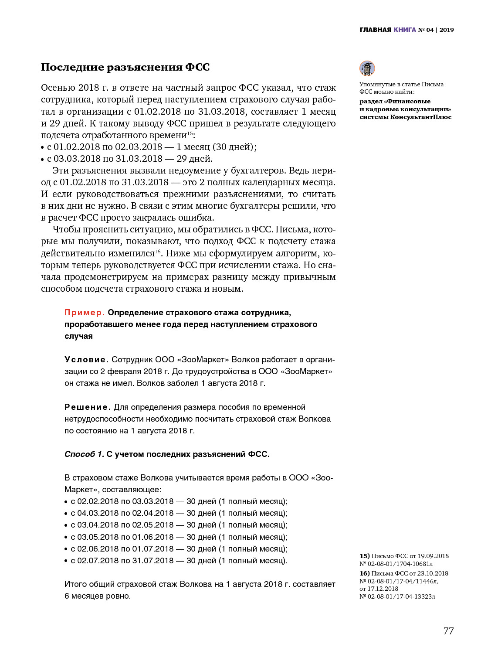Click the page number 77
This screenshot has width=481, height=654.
tap(448, 631)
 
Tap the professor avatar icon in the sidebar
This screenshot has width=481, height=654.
tap(367, 68)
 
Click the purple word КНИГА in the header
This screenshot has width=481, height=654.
tap(405, 30)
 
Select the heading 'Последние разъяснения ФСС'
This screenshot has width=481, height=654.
tap(125, 67)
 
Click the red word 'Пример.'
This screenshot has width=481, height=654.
tap(85, 313)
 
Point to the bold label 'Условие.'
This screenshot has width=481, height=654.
tap(86, 360)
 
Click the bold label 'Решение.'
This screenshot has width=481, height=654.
tap(87, 407)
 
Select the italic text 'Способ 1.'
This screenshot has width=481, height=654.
tap(84, 454)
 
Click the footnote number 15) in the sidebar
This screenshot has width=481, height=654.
tap(365, 556)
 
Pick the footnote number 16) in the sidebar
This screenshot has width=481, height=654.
tap(365, 573)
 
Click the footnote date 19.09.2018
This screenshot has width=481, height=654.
tap(433, 556)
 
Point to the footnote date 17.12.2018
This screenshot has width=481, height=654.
tap(383, 589)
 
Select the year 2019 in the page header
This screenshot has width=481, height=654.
tap(447, 30)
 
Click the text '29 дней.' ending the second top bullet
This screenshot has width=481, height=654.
tap(194, 159)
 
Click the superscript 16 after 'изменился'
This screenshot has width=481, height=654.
tap(158, 251)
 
